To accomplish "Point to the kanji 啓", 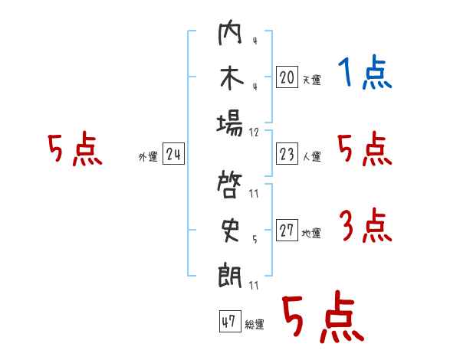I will coord(231,186).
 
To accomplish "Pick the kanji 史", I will coord(231,230).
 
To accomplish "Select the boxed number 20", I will coord(287,77).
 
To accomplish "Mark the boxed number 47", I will coord(228,322).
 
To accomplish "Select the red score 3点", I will coord(365,226).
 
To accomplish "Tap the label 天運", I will coord(311,80).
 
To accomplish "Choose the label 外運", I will coord(148,158).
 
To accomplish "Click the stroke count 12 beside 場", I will coord(255,132).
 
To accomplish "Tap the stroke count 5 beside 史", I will coord(255,239).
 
